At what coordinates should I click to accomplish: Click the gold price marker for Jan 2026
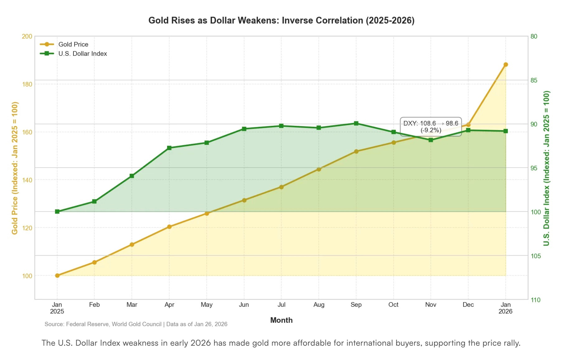point(506,64)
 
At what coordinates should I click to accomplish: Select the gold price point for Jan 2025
point(57,276)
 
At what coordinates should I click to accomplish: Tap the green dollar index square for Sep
point(356,123)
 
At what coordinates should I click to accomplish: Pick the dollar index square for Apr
point(169,148)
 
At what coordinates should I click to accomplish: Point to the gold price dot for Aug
point(319,169)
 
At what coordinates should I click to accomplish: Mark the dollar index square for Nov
point(431,140)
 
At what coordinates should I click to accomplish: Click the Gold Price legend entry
point(64,44)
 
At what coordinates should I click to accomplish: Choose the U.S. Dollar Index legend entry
point(73,54)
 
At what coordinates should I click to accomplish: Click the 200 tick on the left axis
point(27,36)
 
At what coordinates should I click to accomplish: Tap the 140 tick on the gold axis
point(27,180)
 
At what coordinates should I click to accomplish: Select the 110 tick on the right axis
point(536,300)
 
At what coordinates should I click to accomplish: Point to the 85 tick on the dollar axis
point(534,80)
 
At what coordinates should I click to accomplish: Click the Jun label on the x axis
point(244,305)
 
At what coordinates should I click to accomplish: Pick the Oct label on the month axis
point(393,305)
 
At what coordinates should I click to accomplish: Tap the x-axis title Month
point(281,320)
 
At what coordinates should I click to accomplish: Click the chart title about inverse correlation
point(281,21)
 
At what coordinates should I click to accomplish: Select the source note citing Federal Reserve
point(136,324)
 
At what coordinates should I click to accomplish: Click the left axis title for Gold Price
point(15,168)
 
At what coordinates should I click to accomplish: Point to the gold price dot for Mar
point(132,244)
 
